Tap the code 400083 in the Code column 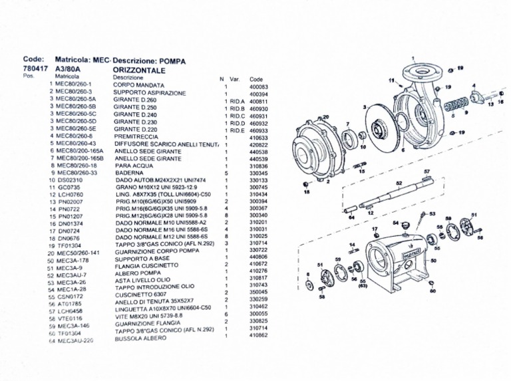tap(258, 86)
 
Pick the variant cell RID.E tap(237, 130)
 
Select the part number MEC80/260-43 tap(75, 144)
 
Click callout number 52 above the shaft tap(399, 182)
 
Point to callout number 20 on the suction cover tap(325, 118)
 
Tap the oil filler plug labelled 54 tap(403, 229)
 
